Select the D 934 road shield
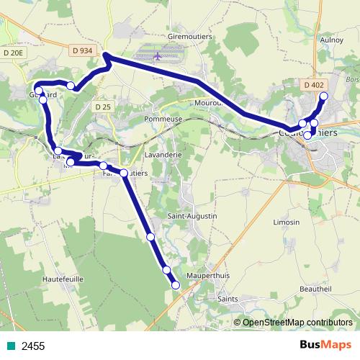coord(83,49)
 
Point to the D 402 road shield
coord(313,85)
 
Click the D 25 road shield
coord(102,107)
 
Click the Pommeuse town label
coord(161,118)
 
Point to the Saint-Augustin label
coord(192,216)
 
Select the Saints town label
coord(229,298)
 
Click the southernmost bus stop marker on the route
coord(175,285)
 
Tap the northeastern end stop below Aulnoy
coord(323,96)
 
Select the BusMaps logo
coord(326,346)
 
